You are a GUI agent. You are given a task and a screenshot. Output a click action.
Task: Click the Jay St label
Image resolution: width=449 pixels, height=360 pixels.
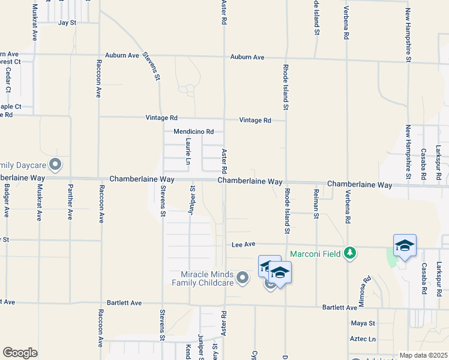click(67, 23)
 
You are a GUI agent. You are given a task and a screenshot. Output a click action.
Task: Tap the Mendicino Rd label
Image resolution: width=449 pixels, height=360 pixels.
click(193, 131)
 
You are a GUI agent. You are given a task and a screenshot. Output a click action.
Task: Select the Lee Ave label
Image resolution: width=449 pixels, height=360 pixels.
click(244, 245)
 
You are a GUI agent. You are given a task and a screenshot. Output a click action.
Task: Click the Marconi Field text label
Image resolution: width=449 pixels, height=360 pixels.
click(316, 254)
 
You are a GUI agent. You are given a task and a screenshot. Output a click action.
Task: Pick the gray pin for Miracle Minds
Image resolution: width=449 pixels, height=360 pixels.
click(243, 277)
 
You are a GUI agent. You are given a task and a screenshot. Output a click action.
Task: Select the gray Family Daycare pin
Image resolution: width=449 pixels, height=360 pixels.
click(55, 164)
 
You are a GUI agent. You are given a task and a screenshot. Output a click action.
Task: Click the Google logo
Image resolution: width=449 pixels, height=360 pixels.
click(20, 353)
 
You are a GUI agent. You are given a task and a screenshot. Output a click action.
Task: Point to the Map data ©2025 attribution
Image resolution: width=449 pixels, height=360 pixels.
click(423, 355)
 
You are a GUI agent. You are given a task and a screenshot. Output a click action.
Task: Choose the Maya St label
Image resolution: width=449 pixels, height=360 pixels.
click(363, 323)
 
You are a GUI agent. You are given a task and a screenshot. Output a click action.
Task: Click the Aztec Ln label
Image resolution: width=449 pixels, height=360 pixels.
click(363, 339)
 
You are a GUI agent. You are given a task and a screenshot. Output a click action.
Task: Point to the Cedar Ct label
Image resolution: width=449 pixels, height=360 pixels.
click(8, 80)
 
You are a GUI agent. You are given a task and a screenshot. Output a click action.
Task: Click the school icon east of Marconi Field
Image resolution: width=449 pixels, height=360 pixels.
click(405, 246)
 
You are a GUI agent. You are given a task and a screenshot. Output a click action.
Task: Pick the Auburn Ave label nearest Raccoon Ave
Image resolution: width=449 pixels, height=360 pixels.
click(122, 55)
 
